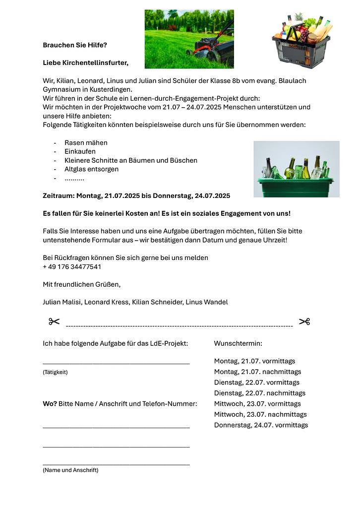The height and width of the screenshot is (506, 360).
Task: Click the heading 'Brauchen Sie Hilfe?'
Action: coord(75,45)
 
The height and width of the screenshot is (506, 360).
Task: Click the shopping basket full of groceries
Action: coord(301,42)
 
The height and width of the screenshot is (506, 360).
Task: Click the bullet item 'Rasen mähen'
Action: coord(86,143)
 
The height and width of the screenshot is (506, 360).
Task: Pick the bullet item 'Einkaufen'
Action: coord(80,151)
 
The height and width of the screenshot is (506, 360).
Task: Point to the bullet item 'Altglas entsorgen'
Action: coord(91,169)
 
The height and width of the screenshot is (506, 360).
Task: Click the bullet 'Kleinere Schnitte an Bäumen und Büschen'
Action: coord(131,160)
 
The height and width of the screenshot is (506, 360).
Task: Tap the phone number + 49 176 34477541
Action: coord(72,267)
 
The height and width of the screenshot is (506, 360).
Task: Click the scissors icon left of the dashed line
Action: coord(54,322)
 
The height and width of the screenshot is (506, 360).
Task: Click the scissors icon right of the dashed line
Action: coord(304,322)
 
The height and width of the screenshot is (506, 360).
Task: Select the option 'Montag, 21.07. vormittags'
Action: coord(254,361)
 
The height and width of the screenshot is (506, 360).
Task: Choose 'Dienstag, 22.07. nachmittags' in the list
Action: coord(259,393)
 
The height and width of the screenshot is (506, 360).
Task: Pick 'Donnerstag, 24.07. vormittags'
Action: coord(261,425)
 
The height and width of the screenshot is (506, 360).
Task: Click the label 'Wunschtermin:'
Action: coord(238,343)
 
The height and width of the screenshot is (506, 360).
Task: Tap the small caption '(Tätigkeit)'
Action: coord(55,372)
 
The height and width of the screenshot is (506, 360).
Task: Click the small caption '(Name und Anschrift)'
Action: coord(70,470)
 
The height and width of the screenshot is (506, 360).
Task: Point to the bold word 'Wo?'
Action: coord(50,404)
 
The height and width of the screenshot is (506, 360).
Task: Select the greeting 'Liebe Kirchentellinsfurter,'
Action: coord(85,63)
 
